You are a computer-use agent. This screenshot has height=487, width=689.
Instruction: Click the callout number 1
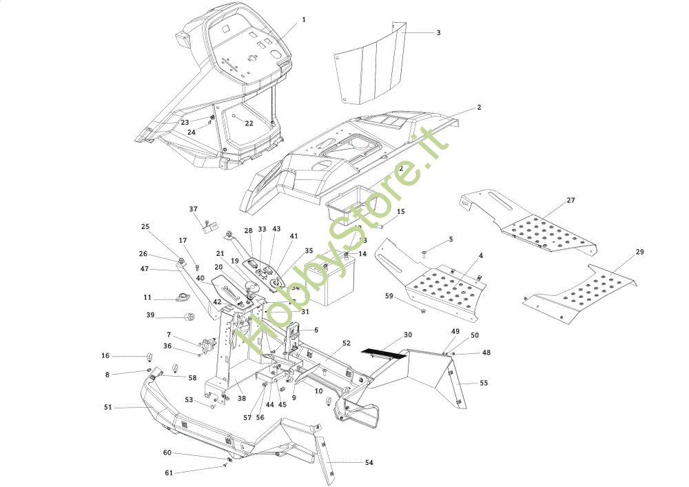click(x=303, y=19)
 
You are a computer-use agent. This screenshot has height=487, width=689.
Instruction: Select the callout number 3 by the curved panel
click(x=438, y=32)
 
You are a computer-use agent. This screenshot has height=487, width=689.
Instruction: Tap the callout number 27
click(x=570, y=200)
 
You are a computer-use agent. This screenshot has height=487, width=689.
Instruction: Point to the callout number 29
click(x=639, y=252)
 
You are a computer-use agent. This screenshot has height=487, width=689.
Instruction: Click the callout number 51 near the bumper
click(x=107, y=408)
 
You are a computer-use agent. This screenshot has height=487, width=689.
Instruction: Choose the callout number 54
click(x=369, y=462)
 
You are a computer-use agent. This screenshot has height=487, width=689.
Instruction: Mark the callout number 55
click(x=484, y=382)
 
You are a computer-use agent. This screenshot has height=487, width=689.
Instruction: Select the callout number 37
click(x=193, y=208)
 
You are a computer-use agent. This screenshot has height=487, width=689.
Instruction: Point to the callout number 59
click(x=389, y=297)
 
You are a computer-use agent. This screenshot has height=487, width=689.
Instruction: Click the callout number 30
click(x=408, y=335)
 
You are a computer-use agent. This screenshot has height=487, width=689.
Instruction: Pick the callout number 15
click(x=401, y=212)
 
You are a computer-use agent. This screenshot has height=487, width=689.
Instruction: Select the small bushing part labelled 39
click(x=188, y=316)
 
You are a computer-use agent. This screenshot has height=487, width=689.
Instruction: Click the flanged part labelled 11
click(x=182, y=298)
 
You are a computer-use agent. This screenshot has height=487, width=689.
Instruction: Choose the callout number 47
click(x=145, y=268)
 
